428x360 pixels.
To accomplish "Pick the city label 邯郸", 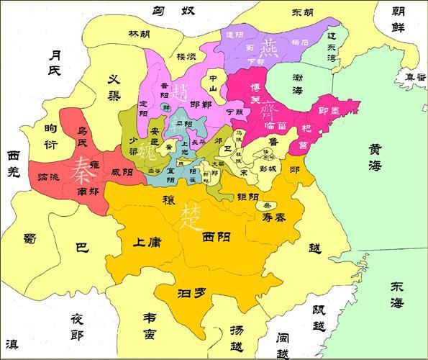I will pyautogui.click(x=201, y=105).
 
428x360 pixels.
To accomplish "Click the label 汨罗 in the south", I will pyautogui.click(x=191, y=293).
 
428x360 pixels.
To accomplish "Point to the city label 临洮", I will pyautogui.click(x=53, y=177).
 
